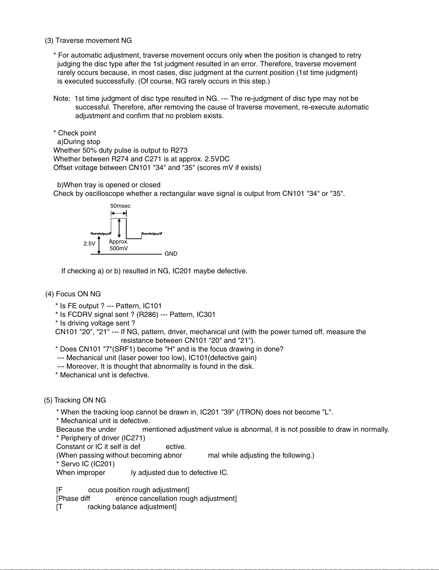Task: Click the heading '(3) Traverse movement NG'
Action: [x=88, y=41]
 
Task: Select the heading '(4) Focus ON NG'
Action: [x=73, y=294]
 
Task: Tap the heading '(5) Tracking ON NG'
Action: [x=75, y=400]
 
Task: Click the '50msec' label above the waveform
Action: [x=120, y=206]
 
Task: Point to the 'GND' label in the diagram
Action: [x=171, y=254]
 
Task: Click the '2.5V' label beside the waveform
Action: [x=89, y=244]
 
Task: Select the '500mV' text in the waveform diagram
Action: [x=119, y=248]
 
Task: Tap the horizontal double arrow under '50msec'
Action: [x=119, y=214]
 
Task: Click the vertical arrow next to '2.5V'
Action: [x=99, y=244]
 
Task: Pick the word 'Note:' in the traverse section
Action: [x=62, y=99]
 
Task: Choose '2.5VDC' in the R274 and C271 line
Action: [x=217, y=159]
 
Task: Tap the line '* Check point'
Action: [x=74, y=133]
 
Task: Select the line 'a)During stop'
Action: [x=78, y=142]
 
